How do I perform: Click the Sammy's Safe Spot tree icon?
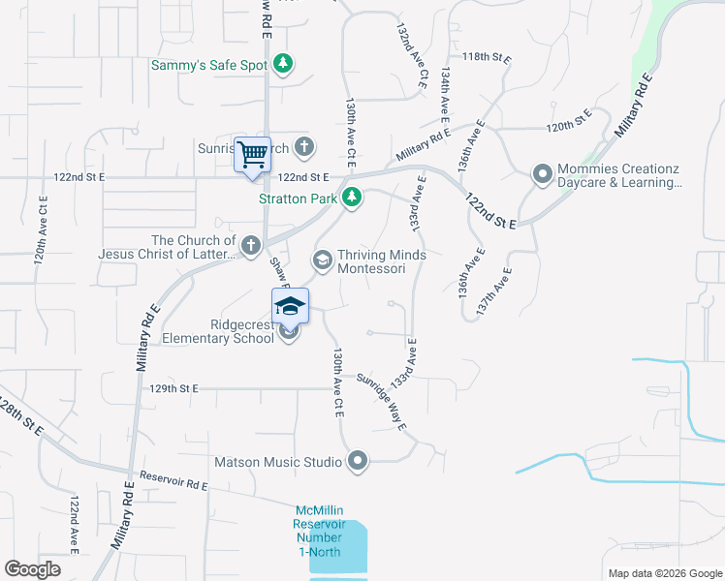(x=283, y=65)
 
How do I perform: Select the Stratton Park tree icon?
(x=353, y=199)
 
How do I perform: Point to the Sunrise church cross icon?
(x=304, y=148)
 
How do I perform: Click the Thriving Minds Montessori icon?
(x=322, y=260)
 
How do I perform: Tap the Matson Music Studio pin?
(x=358, y=462)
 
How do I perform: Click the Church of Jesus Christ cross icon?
(x=251, y=246)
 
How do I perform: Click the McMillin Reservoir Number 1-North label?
(x=320, y=530)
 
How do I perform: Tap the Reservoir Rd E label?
(x=174, y=480)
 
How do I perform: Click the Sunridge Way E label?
(x=381, y=401)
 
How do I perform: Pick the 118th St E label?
(x=487, y=58)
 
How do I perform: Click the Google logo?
(x=33, y=569)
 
